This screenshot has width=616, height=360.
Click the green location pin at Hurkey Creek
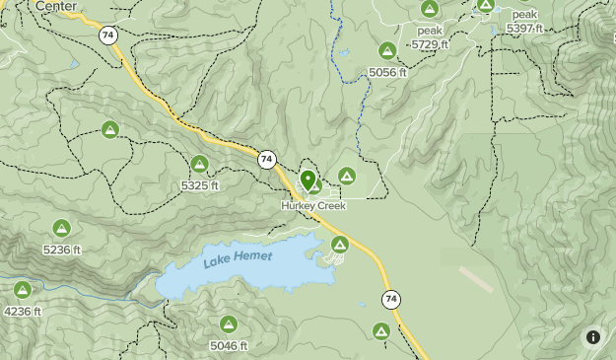(308, 180)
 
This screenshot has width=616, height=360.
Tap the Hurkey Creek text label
(313, 206)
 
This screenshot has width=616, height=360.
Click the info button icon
(593, 336)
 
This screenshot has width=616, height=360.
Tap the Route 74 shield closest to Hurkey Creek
(266, 159)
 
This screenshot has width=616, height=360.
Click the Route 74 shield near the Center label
(107, 35)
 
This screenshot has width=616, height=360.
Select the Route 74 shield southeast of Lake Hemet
(392, 299)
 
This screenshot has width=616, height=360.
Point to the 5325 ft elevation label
(200, 185)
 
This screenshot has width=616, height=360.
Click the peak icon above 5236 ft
(61, 228)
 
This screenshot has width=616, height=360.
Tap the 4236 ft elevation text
(23, 312)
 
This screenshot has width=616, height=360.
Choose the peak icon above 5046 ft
(229, 324)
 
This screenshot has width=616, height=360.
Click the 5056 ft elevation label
(387, 72)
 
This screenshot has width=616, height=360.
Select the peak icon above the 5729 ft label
(430, 9)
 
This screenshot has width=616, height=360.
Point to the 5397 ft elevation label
(524, 29)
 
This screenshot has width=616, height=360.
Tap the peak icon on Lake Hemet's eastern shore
(340, 244)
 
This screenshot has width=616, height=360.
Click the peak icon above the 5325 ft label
(200, 164)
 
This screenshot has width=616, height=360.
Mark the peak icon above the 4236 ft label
(23, 290)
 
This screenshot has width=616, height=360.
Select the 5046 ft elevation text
(229, 345)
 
